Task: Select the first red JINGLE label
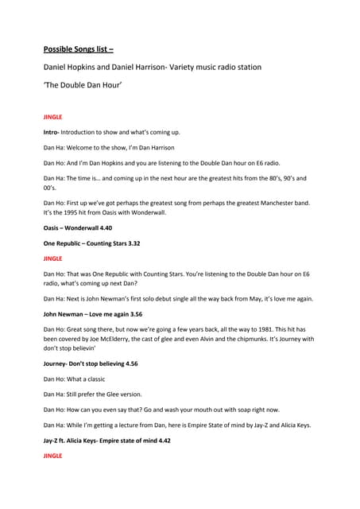coord(52,117)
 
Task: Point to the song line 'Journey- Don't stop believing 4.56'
coord(95,363)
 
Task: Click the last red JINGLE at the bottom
coord(52,455)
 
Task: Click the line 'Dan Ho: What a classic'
coord(74,379)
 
